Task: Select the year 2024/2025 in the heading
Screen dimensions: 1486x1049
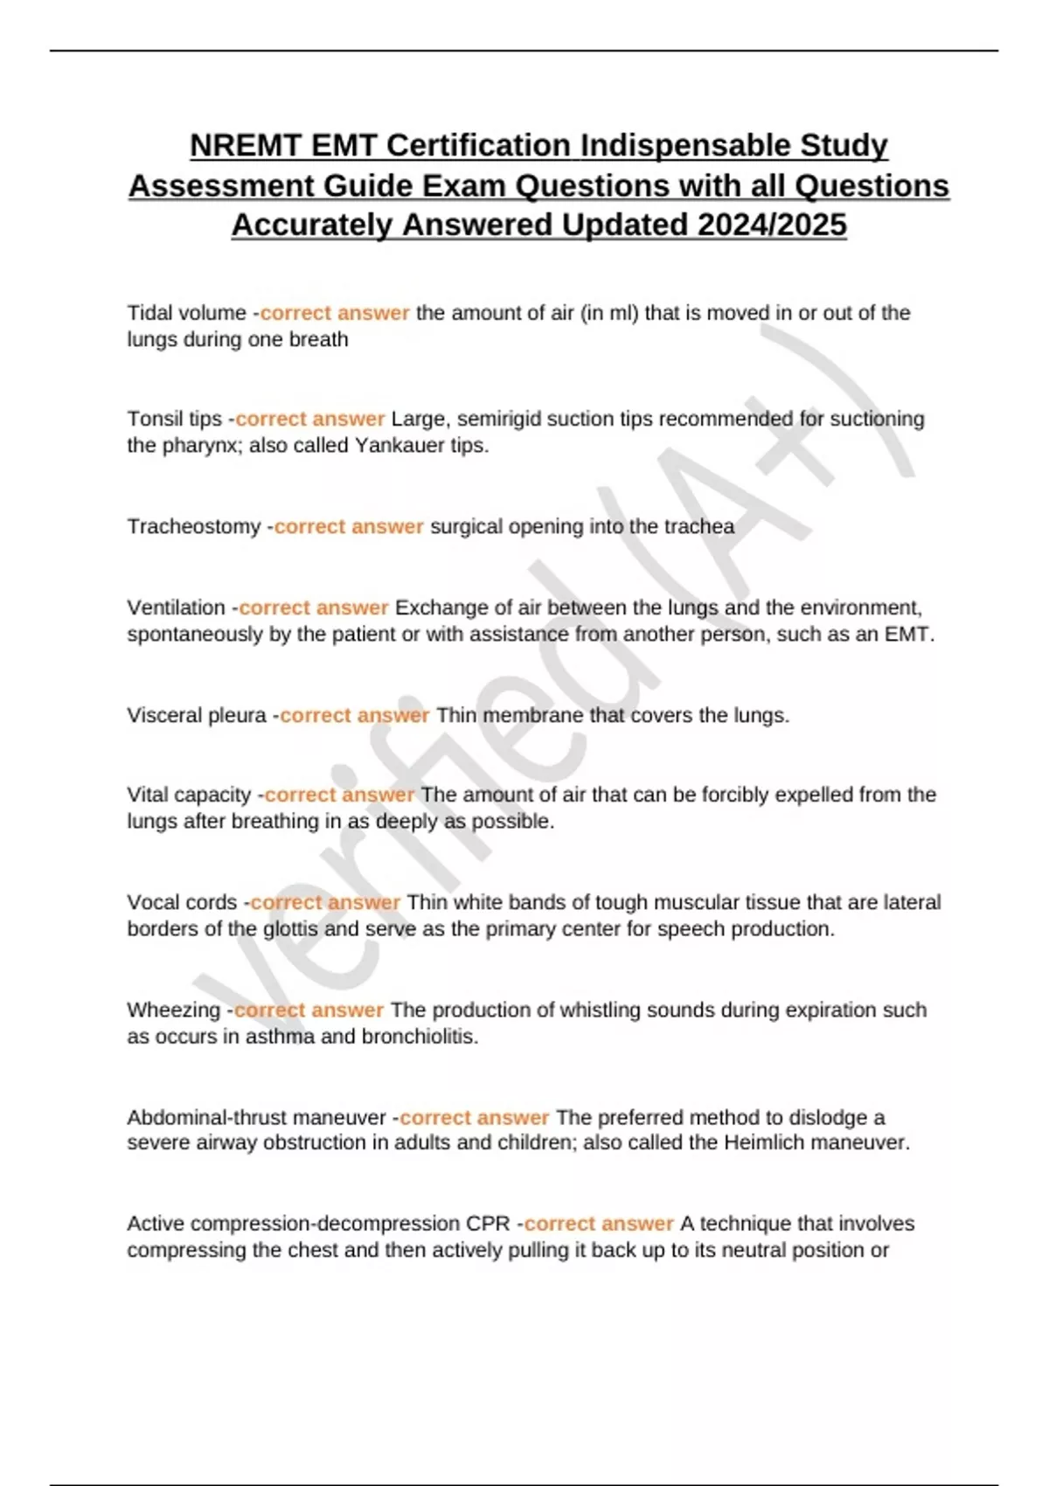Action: coord(772,225)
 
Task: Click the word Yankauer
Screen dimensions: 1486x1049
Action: coord(396,446)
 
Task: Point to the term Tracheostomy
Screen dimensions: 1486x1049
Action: coord(194,527)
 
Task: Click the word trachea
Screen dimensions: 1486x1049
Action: coord(699,527)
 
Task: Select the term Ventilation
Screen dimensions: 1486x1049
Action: coord(177,608)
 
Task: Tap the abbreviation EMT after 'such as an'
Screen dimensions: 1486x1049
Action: coord(907,635)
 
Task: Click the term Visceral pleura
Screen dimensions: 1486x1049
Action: coord(197,715)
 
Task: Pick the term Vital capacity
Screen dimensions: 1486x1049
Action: coord(189,795)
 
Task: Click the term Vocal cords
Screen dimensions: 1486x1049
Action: coord(182,902)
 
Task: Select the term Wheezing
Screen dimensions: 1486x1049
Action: coord(174,1010)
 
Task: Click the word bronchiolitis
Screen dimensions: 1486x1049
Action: coord(418,1037)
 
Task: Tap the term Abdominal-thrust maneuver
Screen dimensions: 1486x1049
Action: coord(256,1117)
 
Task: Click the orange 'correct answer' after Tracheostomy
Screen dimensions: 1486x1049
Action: coord(349,527)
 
